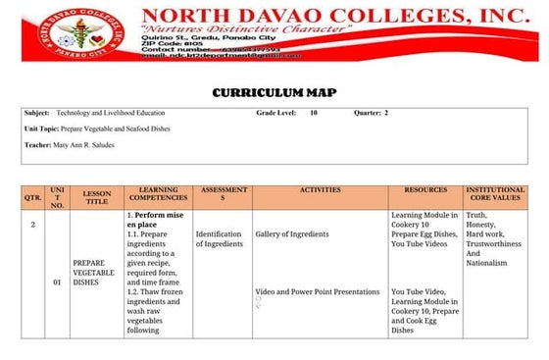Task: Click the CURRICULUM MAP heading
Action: [x=274, y=92]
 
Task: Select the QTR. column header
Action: [x=32, y=196]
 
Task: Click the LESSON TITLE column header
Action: [x=97, y=196]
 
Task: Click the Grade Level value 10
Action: [x=313, y=114]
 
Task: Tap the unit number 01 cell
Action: [x=58, y=283]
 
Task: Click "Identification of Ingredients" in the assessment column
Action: [x=218, y=239]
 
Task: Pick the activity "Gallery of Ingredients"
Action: [x=291, y=234]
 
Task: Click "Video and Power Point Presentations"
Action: [x=317, y=291]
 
